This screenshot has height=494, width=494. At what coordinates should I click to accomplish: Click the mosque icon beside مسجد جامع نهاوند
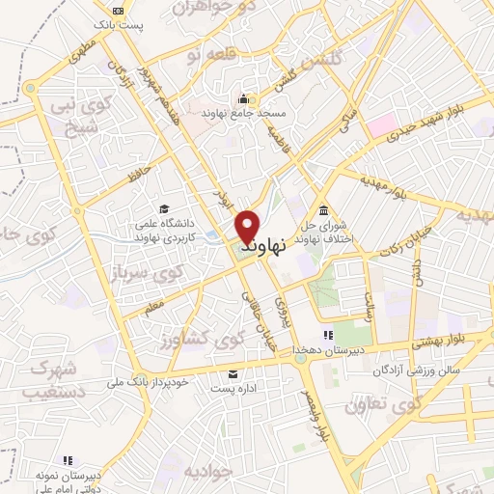pos(241,97)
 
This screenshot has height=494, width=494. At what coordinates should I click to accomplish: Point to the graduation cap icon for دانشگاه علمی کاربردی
pos(165,208)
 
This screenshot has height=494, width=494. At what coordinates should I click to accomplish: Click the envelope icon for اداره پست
pos(232,374)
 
